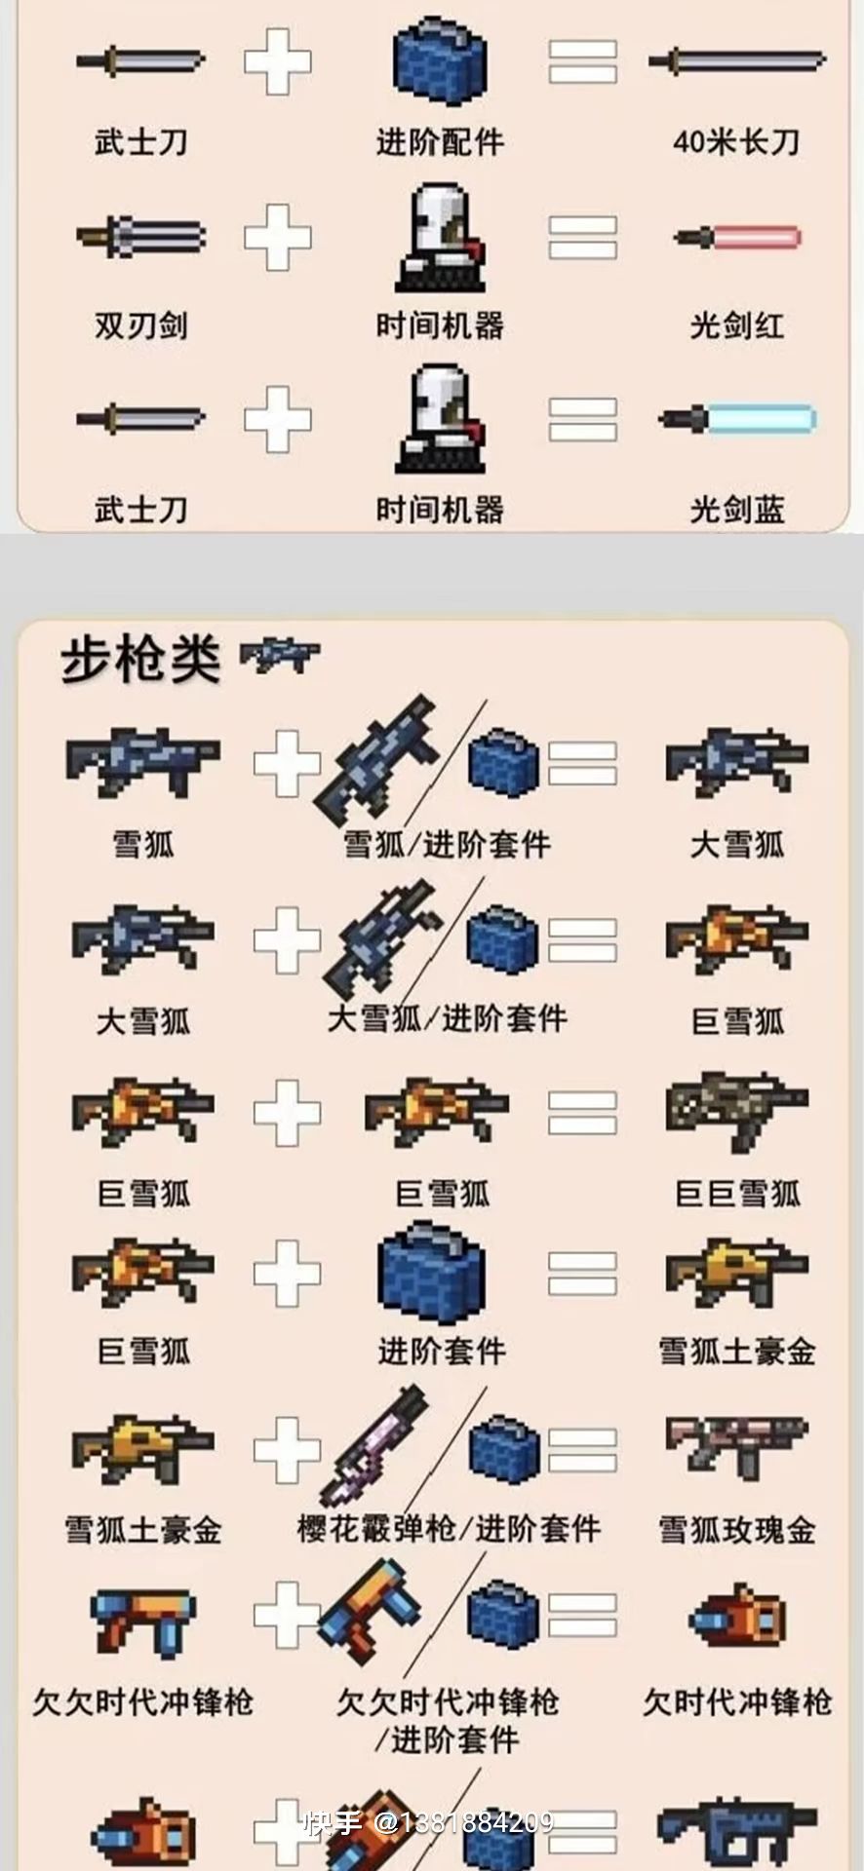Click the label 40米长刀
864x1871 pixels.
tap(736, 142)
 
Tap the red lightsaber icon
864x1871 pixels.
tap(737, 237)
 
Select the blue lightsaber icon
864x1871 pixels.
tap(737, 419)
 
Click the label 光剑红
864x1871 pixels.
tap(736, 325)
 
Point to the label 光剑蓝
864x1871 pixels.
tap(736, 509)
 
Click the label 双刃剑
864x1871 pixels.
tap(141, 325)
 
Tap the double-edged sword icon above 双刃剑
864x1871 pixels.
tap(141, 237)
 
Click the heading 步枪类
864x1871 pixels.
tap(140, 659)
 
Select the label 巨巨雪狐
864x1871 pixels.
tap(737, 1193)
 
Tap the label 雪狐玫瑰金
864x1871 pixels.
tap(737, 1529)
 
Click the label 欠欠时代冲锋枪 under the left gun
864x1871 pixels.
tap(143, 1701)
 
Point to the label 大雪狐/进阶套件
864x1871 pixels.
tap(447, 1019)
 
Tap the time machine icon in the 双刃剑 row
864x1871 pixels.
tap(440, 237)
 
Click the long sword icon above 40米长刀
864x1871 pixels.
tap(737, 61)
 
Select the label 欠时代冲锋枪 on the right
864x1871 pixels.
tap(737, 1701)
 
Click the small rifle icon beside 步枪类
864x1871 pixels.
tap(280, 655)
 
